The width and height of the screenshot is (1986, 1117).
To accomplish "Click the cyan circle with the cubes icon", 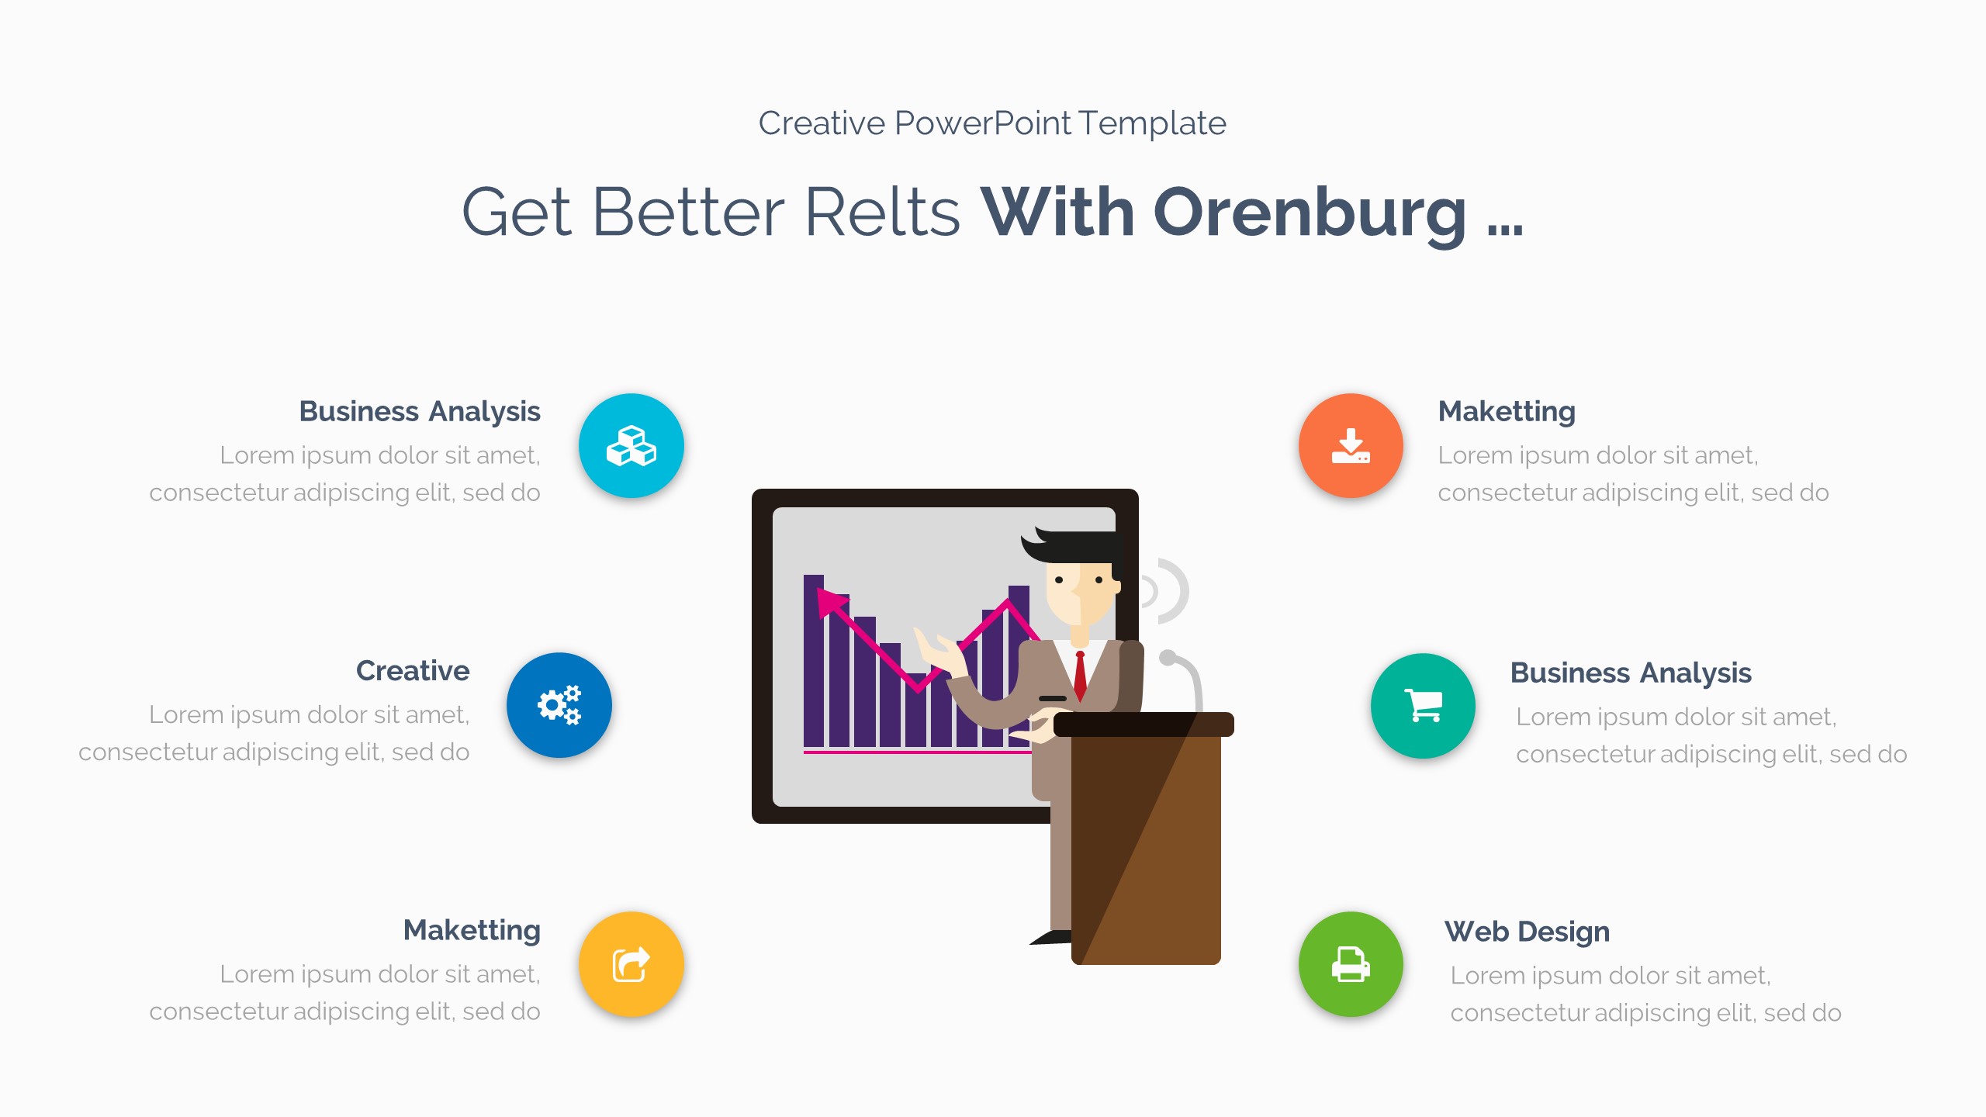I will (631, 446).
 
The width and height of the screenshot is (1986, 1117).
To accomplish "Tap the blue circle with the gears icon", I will (559, 705).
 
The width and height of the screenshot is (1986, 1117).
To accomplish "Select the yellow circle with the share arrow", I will (631, 964).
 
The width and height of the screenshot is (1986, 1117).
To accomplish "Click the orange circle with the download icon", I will (1351, 446).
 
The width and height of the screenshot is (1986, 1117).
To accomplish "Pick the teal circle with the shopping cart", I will (1423, 705).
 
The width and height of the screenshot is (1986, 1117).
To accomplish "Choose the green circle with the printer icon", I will (1351, 964).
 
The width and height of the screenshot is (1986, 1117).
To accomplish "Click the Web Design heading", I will (1527, 931).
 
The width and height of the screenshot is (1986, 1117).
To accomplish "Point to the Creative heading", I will (412, 671).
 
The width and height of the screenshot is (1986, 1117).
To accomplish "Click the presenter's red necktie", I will (1080, 676).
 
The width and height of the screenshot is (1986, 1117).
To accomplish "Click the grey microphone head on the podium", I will (1167, 658).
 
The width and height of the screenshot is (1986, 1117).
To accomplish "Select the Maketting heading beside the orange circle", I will (1507, 411).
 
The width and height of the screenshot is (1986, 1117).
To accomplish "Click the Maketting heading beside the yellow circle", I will (472, 930).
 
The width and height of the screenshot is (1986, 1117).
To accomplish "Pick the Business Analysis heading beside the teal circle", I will (1631, 673).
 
